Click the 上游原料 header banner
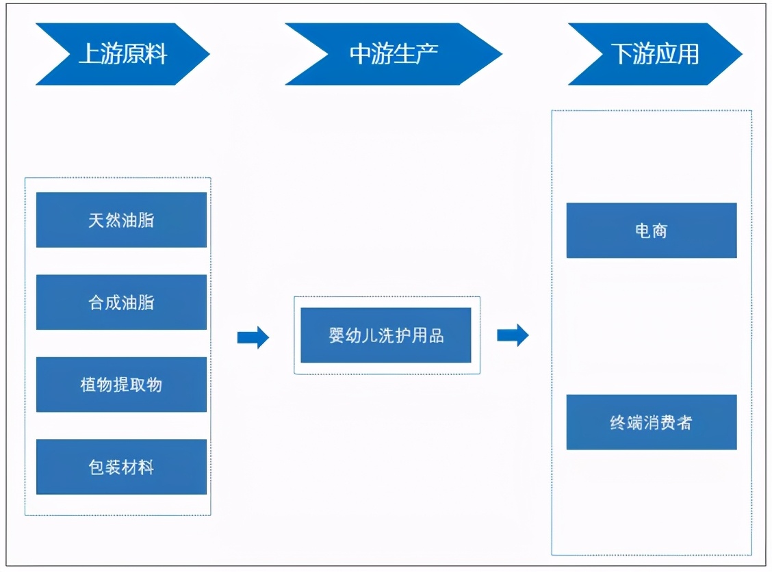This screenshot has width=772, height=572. (123, 54)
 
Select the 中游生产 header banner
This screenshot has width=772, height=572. (394, 54)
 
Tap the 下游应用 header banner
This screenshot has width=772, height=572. (655, 54)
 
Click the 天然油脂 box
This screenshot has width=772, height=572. (121, 220)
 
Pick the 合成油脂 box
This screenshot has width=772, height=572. (121, 302)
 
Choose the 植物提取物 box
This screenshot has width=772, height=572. (121, 385)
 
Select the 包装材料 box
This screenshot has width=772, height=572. (121, 467)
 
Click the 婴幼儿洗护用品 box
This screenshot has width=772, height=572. (386, 335)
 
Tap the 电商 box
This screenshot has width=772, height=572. (652, 231)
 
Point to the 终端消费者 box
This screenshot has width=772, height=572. (652, 422)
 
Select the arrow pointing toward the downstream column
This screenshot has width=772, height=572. (513, 335)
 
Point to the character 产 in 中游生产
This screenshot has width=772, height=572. (427, 54)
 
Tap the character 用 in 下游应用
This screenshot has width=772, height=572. (688, 54)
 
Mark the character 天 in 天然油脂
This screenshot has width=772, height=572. (96, 220)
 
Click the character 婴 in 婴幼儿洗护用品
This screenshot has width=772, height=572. (337, 335)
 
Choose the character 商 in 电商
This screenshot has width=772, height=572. (660, 231)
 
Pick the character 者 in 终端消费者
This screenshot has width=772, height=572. (684, 422)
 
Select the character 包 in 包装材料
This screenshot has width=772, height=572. (96, 467)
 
